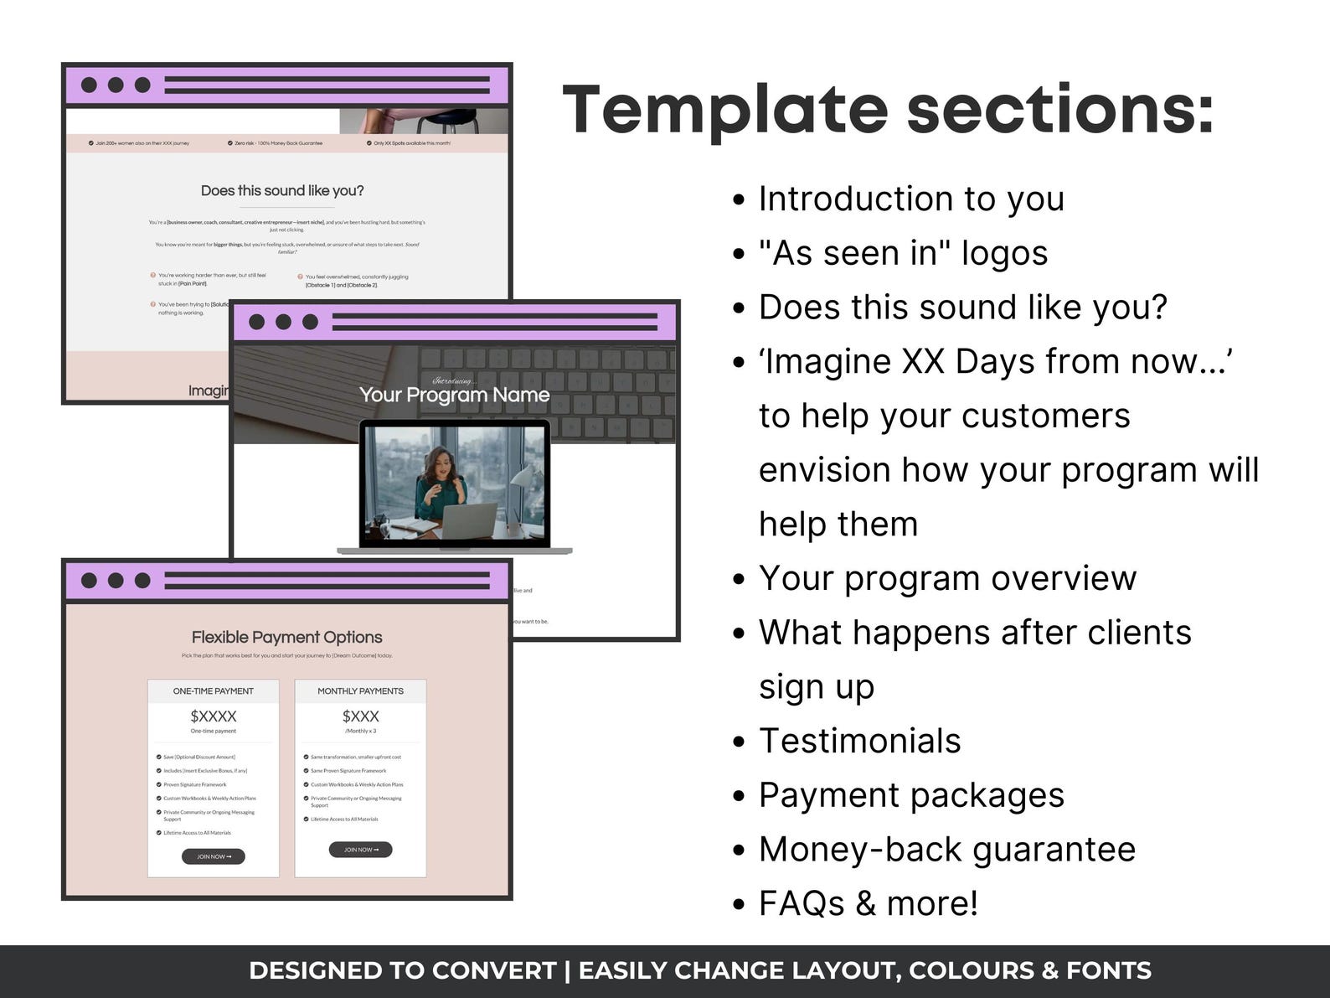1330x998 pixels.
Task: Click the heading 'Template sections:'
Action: click(x=888, y=109)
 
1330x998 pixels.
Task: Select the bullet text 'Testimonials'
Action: click(x=859, y=741)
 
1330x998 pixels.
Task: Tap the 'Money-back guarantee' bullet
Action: click(x=946, y=849)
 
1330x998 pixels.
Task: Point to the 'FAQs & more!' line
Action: click(x=868, y=903)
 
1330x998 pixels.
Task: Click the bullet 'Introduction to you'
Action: click(x=911, y=199)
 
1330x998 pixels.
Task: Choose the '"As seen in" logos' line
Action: click(x=903, y=253)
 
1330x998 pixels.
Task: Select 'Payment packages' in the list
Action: click(x=911, y=795)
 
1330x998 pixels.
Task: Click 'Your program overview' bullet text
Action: click(x=947, y=578)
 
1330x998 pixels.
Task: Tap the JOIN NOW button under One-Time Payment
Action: click(x=214, y=856)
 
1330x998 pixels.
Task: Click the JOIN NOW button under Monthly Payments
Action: click(x=360, y=850)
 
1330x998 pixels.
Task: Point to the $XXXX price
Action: click(x=214, y=716)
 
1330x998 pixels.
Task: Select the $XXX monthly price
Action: click(x=360, y=716)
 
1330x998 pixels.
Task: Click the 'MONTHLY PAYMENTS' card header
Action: click(x=360, y=691)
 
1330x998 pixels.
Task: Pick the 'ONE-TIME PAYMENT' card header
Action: click(x=214, y=691)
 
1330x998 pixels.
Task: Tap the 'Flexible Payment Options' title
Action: click(x=286, y=637)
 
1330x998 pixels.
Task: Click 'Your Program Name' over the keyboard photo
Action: click(x=454, y=395)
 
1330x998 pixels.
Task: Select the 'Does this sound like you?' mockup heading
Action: click(x=282, y=191)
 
